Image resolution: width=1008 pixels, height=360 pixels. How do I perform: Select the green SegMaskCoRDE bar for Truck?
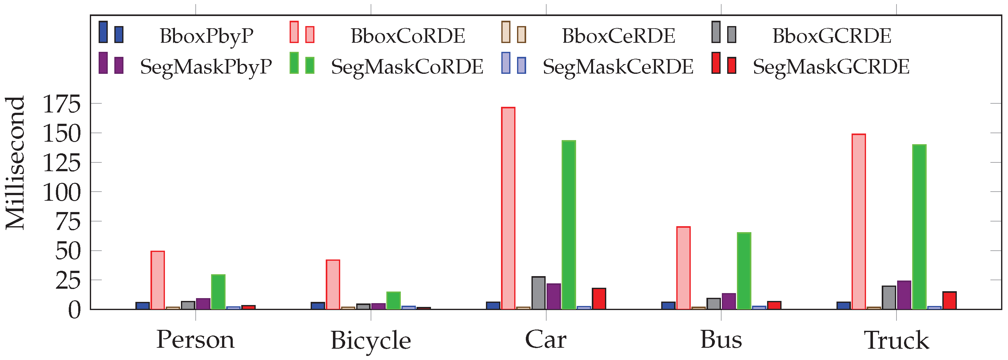(919, 227)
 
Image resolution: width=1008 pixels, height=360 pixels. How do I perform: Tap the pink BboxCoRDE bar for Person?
(158, 280)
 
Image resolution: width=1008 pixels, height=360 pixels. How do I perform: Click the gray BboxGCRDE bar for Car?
(538, 293)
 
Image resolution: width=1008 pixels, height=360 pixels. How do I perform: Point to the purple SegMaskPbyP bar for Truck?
(904, 295)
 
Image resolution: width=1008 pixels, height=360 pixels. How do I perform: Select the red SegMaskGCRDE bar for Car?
(599, 298)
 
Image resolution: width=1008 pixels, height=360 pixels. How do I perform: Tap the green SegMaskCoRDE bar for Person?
(218, 292)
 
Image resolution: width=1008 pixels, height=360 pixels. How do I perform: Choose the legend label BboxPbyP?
(206, 36)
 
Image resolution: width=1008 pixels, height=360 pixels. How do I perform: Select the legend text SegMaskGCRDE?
(831, 67)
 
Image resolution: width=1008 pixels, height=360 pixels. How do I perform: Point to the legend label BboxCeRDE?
(618, 36)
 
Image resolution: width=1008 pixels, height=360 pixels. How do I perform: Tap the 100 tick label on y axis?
(62, 192)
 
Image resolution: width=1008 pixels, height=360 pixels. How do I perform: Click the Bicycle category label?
(371, 341)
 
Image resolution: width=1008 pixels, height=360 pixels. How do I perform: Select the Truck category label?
(896, 341)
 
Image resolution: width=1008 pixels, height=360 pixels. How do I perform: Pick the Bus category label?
(721, 340)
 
